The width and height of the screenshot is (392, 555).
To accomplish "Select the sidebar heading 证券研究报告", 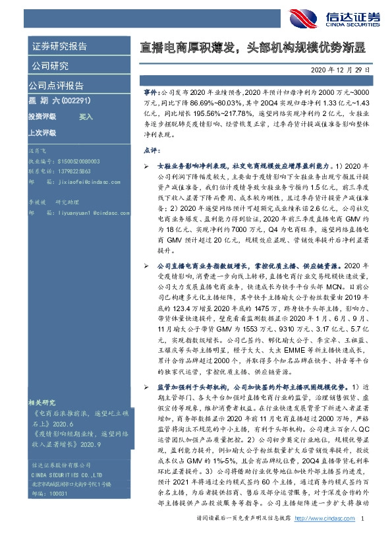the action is pos(59,47).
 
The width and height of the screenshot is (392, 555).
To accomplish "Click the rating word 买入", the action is pos(86,116).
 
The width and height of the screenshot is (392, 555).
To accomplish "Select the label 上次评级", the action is pos(42,132).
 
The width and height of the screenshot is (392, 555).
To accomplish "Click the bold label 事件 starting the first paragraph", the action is pos(150,95).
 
